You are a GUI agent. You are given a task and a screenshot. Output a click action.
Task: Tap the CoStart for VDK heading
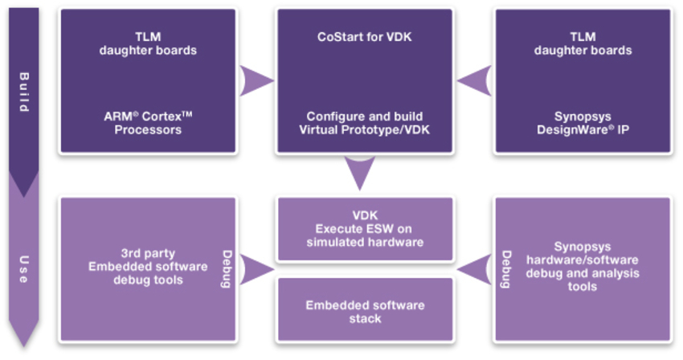pos(360,37)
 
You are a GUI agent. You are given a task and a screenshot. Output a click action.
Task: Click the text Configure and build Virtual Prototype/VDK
pos(360,123)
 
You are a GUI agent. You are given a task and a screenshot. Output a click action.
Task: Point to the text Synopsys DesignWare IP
pos(583,123)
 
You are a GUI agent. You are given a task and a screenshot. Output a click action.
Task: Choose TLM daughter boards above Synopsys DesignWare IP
pos(583,43)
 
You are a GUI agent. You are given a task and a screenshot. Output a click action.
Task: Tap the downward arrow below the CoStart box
pos(360,171)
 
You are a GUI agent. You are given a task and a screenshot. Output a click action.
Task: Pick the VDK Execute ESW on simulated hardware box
pos(365,229)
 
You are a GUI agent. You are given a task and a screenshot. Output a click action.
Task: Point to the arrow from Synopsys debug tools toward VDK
pos(475,269)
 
